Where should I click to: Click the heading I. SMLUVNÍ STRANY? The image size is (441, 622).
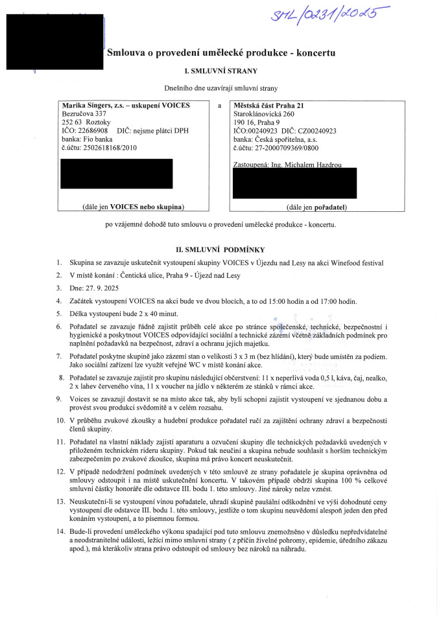click(x=221, y=71)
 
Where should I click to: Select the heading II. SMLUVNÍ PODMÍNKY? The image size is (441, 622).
click(x=220, y=249)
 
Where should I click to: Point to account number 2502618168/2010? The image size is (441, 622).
click(x=104, y=147)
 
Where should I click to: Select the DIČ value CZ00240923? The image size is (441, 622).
click(x=317, y=130)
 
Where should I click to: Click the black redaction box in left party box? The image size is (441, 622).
click(x=115, y=173)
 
